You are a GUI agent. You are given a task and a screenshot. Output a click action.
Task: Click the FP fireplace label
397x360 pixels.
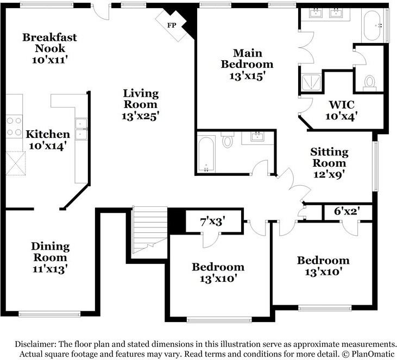[x=172, y=26]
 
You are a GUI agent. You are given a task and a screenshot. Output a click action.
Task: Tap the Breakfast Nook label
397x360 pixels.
[x=49, y=42]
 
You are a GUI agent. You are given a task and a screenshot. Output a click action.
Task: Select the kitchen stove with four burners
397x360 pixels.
[x=14, y=127]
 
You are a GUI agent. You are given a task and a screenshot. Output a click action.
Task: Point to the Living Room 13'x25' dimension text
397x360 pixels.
[x=140, y=116]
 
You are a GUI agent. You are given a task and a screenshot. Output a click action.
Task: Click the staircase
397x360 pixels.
[x=150, y=230]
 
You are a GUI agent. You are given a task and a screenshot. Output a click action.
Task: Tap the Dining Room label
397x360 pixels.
[x=51, y=251]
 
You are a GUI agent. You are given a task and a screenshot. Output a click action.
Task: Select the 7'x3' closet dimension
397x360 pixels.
[x=213, y=222]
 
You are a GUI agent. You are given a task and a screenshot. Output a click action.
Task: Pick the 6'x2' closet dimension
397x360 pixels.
[x=347, y=211]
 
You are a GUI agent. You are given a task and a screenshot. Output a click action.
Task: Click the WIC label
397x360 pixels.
[x=342, y=105]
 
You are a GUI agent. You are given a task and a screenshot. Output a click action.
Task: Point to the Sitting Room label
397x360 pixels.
[x=330, y=157]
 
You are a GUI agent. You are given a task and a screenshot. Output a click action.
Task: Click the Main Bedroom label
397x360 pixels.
[x=247, y=59]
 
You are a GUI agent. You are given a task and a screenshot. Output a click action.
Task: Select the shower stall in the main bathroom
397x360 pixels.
[x=311, y=82]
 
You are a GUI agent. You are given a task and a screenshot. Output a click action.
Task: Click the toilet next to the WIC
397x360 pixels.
[x=369, y=83]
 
